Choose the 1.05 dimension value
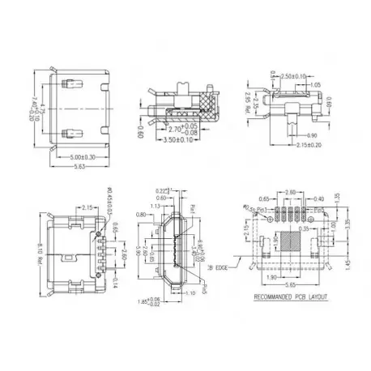(x=316, y=83)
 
